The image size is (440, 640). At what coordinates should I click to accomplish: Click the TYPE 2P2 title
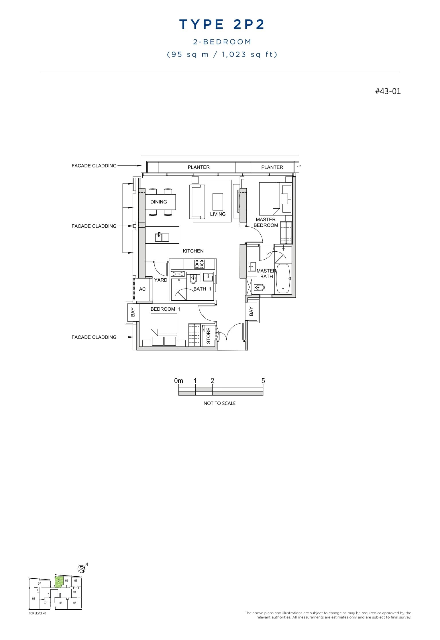coord(222,25)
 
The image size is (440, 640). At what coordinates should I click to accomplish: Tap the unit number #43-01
coord(388,91)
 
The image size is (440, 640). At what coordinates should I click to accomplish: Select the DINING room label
coord(159,202)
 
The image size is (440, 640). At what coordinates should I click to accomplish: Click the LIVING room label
coord(218,214)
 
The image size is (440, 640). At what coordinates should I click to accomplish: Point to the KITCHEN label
coord(193,251)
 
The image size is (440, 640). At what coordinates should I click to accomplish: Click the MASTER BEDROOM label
coord(266,222)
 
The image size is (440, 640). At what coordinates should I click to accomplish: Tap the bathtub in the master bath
coord(283,278)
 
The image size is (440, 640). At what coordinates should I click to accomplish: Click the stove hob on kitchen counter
coord(199,264)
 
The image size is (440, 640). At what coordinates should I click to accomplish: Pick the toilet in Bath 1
coord(193,279)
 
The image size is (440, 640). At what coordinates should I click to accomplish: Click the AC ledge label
coord(142,289)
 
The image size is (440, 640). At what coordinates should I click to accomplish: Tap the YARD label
coord(161,280)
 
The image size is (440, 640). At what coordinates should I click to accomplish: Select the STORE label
coord(209,336)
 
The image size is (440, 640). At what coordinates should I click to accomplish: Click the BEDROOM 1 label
coord(165,309)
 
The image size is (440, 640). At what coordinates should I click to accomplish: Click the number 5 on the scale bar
coord(263,381)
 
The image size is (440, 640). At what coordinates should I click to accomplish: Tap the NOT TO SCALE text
coord(219,403)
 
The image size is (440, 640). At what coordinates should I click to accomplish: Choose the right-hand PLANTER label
coord(272,167)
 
